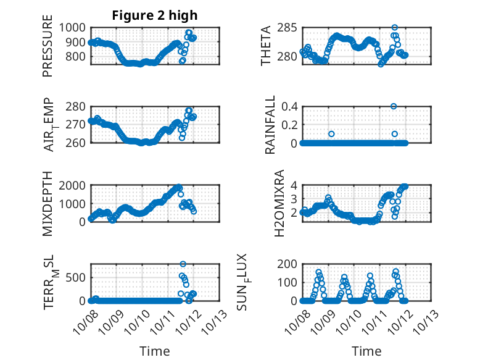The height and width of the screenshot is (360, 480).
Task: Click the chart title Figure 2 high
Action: tap(155, 15)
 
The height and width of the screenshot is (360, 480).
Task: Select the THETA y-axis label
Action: tap(266, 46)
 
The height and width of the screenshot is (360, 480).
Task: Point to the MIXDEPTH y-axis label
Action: tap(48, 203)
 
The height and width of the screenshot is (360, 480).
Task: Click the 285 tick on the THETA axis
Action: tap(288, 28)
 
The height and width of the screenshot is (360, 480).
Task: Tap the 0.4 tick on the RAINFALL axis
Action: tap(291, 106)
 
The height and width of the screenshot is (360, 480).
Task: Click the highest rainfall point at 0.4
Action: tap(394, 106)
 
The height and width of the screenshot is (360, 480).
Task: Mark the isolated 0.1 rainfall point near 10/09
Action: tap(331, 134)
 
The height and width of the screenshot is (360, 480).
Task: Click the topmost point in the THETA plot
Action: tap(395, 28)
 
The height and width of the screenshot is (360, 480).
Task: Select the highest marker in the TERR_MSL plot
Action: tap(183, 264)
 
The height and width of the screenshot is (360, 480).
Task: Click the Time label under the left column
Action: tap(155, 351)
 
